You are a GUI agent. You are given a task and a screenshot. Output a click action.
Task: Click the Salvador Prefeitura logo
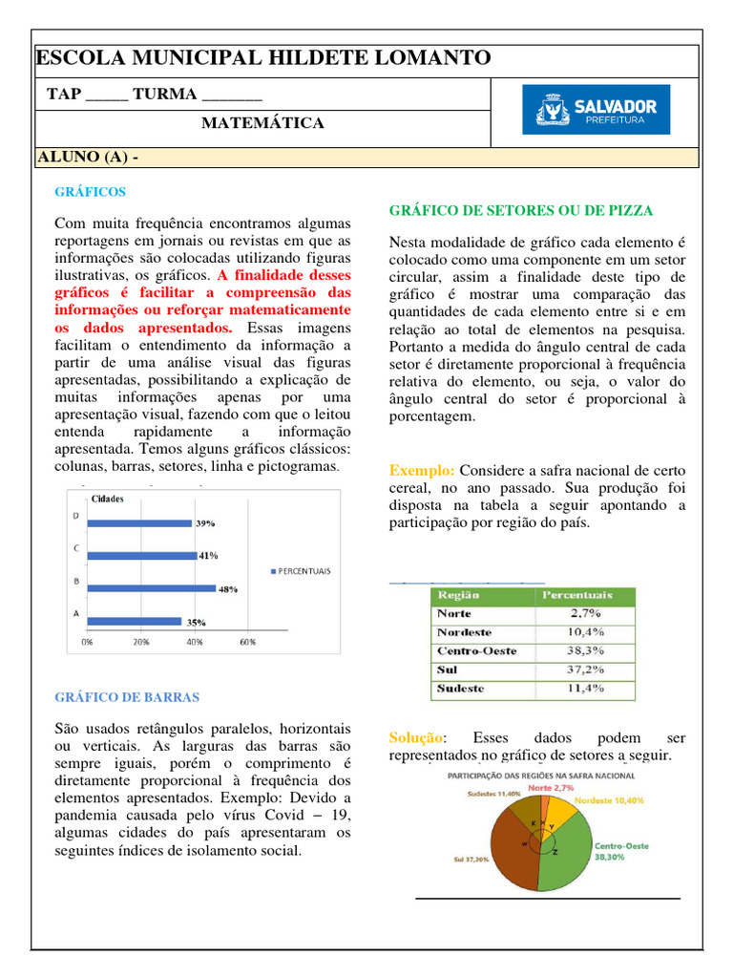point(596,110)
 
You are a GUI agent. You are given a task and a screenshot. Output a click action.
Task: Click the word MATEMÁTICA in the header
point(262,123)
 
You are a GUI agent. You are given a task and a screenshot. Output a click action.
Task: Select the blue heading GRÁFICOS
point(90,192)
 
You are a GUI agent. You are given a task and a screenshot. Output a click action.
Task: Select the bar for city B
point(151,587)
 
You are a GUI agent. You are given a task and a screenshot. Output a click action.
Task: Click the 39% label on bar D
point(205,523)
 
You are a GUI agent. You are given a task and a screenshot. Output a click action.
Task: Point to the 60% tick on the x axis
point(246,642)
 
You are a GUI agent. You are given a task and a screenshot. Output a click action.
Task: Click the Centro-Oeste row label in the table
point(476,650)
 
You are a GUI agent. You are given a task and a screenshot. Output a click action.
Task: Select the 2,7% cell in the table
point(584,613)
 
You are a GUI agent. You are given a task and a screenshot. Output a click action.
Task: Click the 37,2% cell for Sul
point(584,670)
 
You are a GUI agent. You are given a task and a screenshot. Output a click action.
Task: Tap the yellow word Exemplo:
point(422,471)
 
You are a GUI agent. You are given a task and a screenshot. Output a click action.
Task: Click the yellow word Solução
point(416,738)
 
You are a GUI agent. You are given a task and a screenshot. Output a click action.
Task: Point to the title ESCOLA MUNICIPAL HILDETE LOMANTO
point(263,59)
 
